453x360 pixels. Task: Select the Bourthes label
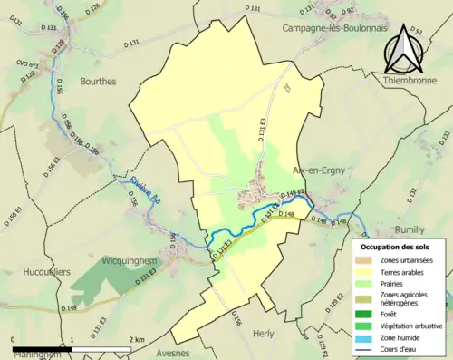tap(98, 81)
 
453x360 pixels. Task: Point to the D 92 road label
tap(417, 30)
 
